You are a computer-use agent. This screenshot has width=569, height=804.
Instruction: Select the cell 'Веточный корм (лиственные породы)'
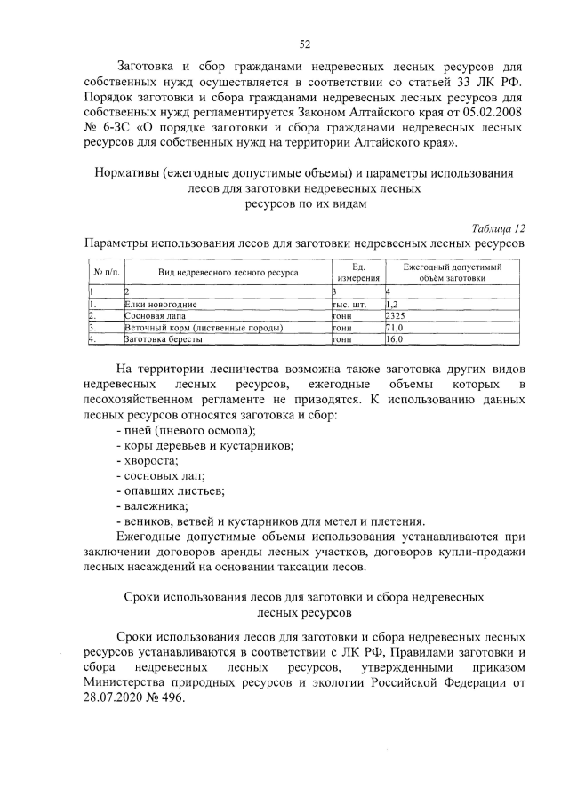coord(191,328)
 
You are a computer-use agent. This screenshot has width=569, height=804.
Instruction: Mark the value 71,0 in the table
coord(394,328)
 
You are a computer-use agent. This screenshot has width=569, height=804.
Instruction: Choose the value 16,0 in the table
coord(394,339)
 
